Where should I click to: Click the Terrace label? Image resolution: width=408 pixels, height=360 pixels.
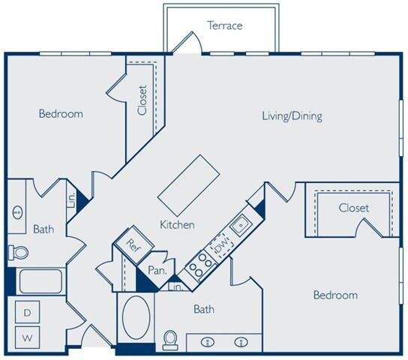point(225,25)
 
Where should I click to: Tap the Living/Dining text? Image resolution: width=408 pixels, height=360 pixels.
point(292,116)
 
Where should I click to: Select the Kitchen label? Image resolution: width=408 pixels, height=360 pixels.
point(178,224)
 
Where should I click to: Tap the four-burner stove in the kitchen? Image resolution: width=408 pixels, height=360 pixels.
point(199,264)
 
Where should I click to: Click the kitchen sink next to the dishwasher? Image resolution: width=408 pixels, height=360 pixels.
point(240,223)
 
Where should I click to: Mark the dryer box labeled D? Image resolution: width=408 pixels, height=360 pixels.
point(28,312)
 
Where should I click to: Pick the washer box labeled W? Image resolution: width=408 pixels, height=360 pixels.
point(28,338)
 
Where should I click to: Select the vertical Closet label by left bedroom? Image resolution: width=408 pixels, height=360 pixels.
point(142,99)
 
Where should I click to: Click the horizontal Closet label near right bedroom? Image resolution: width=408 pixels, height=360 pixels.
point(353,208)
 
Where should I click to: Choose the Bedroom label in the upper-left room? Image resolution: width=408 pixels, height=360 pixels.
point(61,114)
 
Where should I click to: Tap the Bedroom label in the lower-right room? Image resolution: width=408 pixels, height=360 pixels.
point(335,295)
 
